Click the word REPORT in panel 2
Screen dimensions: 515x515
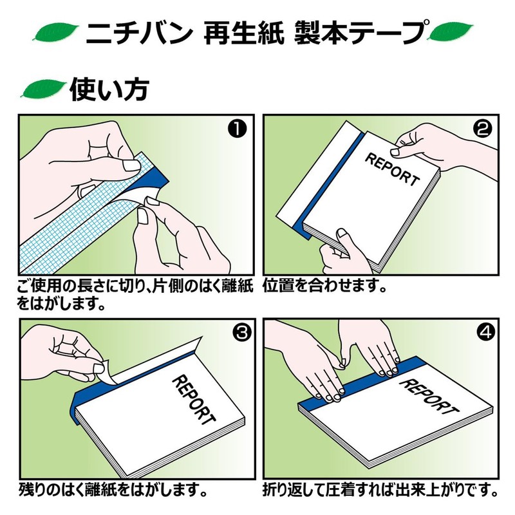click(392, 169)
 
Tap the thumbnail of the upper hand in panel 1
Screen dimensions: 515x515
click(131, 167)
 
